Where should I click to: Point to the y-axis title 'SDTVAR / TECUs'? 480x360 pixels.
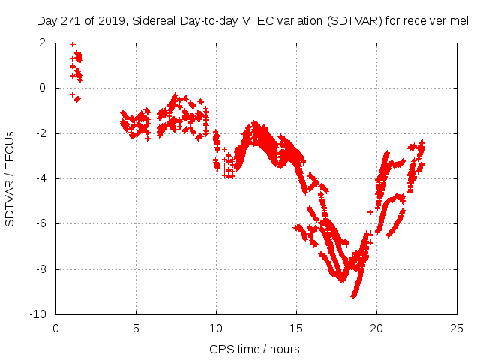coord(10,178)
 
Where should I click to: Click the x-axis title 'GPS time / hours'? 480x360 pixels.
coord(255,349)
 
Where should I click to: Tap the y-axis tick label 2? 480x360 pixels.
coord(43,43)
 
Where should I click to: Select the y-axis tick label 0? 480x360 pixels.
coord(43,88)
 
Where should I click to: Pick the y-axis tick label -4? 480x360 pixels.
coord(40,178)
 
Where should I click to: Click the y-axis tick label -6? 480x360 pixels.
coord(40,223)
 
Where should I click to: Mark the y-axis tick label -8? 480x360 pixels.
coord(40,269)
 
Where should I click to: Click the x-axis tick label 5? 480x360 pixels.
coord(136,328)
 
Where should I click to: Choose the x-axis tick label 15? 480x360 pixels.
coord(296,328)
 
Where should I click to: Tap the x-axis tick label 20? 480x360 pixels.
coord(376,328)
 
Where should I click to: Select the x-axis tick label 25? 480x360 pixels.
coord(457,328)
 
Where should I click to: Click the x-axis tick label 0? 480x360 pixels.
coord(55,328)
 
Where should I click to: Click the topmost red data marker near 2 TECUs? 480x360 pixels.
coord(72,45)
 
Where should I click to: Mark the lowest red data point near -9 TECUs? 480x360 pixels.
coord(353,296)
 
